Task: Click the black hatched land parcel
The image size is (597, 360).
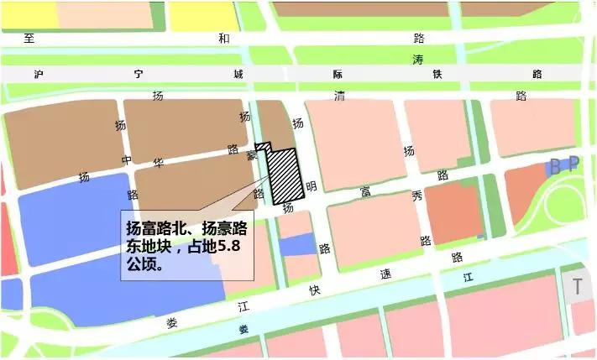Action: (284, 176)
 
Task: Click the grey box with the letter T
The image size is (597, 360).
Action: (578, 286)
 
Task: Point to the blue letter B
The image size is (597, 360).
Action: (554, 166)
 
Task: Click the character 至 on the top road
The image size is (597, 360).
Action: (32, 38)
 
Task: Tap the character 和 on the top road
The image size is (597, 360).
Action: (223, 38)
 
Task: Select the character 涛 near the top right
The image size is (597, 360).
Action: (418, 59)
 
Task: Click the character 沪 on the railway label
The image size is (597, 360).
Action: (39, 74)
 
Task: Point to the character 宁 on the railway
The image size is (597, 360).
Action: (139, 74)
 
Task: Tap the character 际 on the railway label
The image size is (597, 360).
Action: (338, 74)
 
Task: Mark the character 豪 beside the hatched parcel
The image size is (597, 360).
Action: (252, 156)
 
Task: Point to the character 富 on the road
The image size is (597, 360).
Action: (365, 194)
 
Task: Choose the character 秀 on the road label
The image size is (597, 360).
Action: (416, 198)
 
